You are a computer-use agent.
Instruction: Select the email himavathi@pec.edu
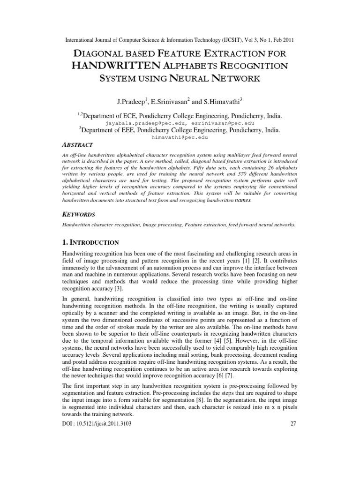click(x=180, y=138)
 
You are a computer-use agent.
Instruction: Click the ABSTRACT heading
click(x=77, y=145)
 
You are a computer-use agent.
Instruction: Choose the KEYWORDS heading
click(x=79, y=214)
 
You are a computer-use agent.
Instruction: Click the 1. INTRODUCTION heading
click(x=90, y=242)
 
